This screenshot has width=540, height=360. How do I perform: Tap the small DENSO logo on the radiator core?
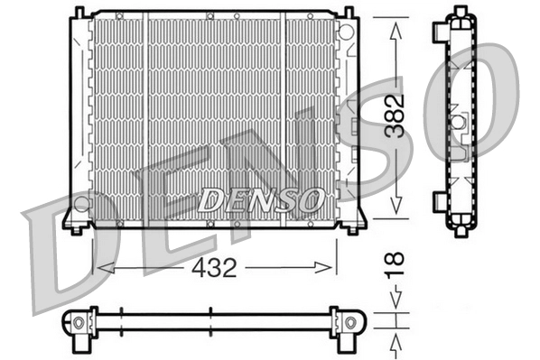pos(259,198)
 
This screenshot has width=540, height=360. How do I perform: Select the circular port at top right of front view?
pos(345,28)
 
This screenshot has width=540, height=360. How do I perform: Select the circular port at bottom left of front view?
pos(81,202)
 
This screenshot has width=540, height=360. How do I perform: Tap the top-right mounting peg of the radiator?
pos(347,12)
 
